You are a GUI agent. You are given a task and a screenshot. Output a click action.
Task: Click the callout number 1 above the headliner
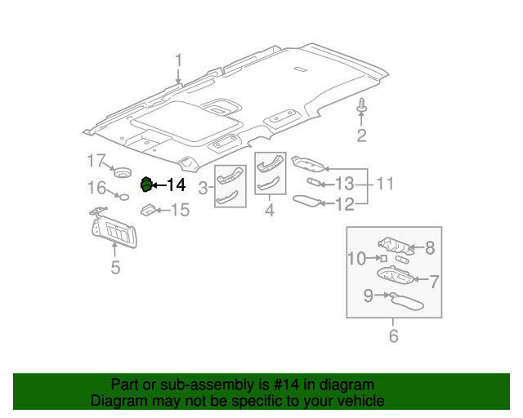click(178, 60)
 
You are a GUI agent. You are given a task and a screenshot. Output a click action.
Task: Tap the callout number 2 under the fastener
click(360, 136)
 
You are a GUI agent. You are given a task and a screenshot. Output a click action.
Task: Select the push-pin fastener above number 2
click(361, 106)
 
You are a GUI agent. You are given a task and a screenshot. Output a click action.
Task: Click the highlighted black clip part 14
click(147, 185)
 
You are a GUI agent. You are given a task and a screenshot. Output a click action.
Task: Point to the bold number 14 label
click(177, 185)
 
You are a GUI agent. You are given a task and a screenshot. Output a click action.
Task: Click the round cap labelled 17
click(123, 172)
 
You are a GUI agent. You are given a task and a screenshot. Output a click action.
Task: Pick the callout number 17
click(97, 159)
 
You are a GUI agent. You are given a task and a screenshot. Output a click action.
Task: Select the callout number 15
click(179, 211)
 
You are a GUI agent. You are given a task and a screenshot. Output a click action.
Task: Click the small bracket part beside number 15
click(149, 211)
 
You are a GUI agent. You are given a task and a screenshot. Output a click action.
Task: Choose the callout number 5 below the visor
click(114, 267)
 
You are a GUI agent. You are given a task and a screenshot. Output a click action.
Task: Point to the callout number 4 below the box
click(270, 211)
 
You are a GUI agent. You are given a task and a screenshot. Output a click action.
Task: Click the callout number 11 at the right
click(384, 184)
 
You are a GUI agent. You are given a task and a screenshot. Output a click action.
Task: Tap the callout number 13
click(344, 183)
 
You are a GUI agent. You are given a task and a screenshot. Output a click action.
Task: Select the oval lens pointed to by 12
click(306, 200)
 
